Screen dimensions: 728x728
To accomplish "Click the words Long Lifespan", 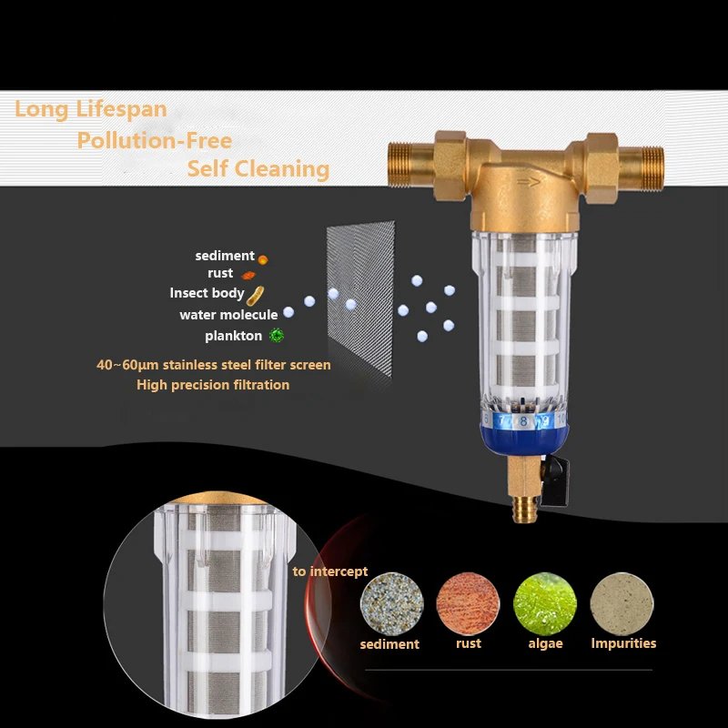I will click(x=91, y=110).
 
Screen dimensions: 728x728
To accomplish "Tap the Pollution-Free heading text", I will click(x=154, y=141).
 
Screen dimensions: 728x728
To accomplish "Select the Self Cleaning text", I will click(x=258, y=169).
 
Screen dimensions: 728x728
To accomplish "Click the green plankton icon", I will click(x=276, y=336).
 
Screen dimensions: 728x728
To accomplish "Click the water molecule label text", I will click(x=228, y=315).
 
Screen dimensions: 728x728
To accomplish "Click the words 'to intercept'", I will click(x=330, y=571).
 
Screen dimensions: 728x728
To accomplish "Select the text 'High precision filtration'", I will click(x=213, y=385).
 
